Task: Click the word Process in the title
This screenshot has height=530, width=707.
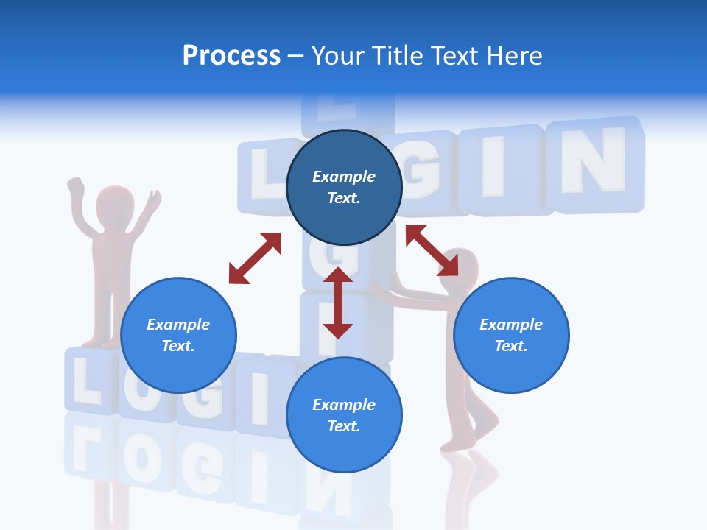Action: pos(231,56)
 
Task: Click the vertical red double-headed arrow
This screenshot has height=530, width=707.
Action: pos(338,303)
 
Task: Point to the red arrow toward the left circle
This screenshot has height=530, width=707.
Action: pos(255,258)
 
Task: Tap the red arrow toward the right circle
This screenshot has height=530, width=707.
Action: pos(432,250)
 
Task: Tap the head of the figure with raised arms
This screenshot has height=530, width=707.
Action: pos(115,203)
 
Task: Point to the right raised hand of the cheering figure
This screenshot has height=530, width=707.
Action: pos(152,200)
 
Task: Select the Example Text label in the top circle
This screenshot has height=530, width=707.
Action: pos(344,187)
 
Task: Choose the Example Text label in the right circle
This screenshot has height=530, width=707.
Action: pos(511,335)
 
